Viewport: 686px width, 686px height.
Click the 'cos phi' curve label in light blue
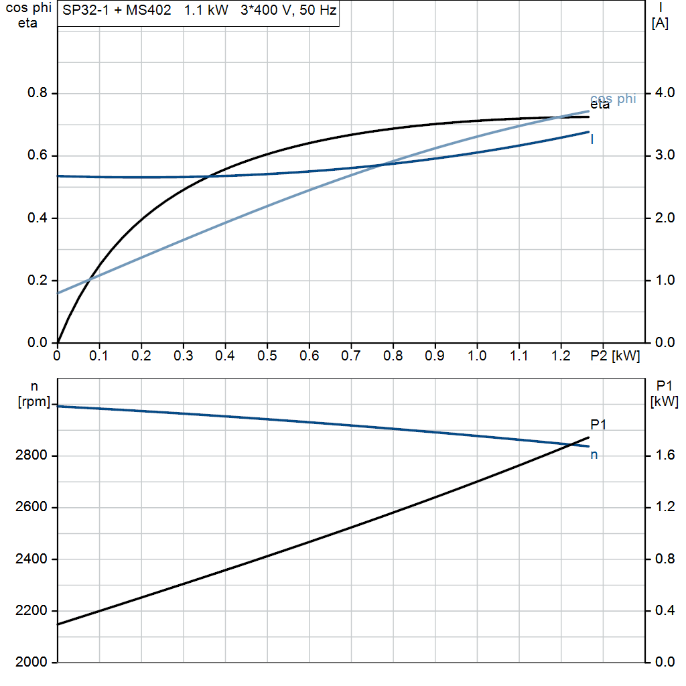pos(613,98)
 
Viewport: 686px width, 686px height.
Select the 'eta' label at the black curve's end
pos(600,105)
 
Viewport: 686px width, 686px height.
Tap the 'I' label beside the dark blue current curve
pos(592,139)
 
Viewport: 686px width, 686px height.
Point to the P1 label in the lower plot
pos(598,424)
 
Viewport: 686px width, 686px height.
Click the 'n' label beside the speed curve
pos(594,455)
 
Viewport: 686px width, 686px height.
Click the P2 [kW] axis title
pos(616,356)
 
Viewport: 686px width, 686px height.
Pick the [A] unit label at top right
pos(660,23)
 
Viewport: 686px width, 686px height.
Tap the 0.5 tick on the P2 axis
pos(267,356)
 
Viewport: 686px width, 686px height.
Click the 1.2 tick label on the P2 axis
pos(561,356)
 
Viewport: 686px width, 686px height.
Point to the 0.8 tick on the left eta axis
pos(38,93)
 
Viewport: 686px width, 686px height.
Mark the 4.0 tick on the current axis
pos(663,92)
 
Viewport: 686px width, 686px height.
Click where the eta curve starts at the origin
pos(58,342)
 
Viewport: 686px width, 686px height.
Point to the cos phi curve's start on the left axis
pos(58,293)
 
